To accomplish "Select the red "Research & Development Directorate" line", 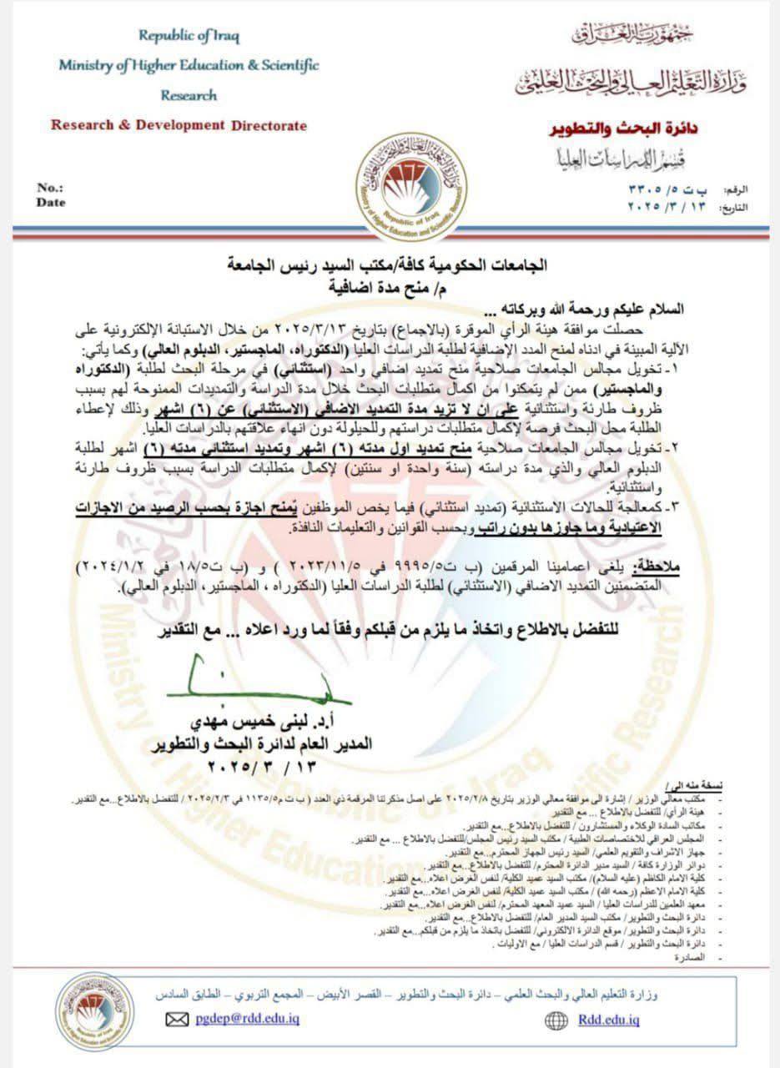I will point(179,126).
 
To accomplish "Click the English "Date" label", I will point(51,202).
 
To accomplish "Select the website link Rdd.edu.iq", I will point(608,1019).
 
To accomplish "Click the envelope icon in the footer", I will point(178,1020).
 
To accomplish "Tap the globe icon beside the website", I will point(556,1020).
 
